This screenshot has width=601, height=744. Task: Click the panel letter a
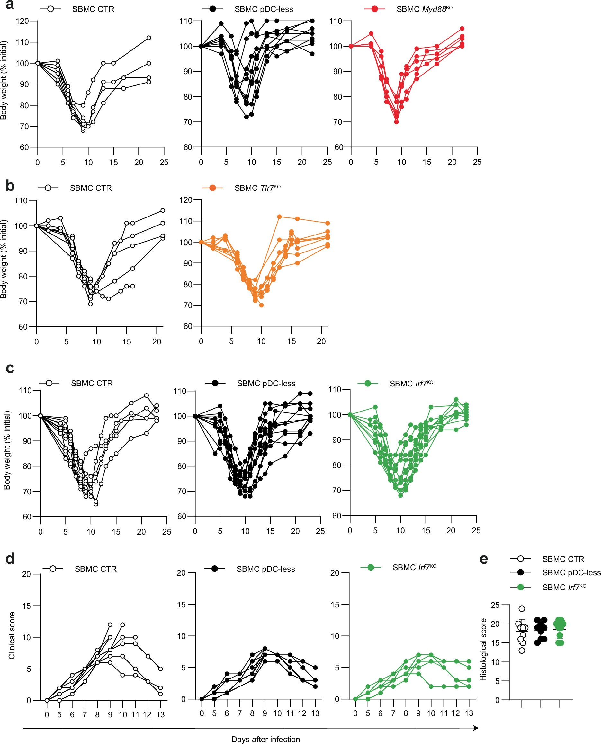10,5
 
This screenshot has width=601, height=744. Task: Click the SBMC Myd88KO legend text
424,9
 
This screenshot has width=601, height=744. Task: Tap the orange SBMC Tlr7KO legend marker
212,188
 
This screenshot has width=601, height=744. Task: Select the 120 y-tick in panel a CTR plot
22,21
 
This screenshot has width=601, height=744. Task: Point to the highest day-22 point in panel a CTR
148,38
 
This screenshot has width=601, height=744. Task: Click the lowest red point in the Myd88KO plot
396,122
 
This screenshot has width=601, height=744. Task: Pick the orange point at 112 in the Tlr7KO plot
279,217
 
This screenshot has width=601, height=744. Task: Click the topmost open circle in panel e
521,609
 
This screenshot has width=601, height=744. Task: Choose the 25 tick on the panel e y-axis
495,605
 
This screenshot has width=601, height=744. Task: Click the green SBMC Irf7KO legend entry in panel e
564,588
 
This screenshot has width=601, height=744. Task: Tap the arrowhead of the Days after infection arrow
476,728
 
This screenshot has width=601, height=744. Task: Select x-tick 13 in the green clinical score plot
469,713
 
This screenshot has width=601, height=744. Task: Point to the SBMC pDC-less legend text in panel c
266,384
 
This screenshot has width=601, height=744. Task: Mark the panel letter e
484,559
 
